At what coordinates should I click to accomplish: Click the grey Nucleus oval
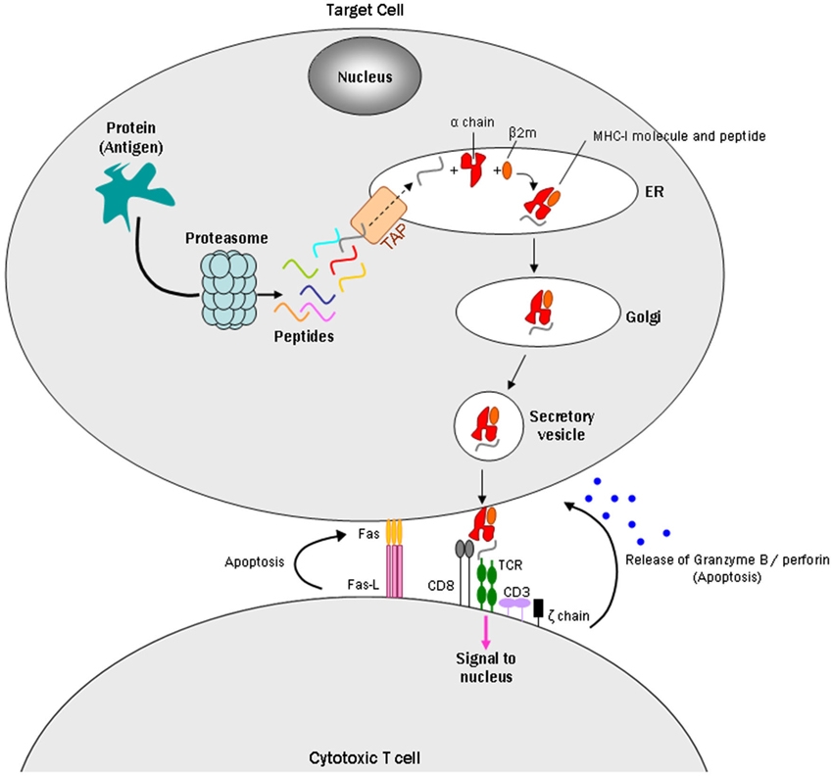pos(365,75)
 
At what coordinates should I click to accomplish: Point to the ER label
pos(655,191)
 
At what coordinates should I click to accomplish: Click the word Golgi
pos(643,317)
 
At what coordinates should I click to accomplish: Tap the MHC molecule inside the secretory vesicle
pos(486,427)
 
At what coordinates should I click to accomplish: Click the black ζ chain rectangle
pos(539,607)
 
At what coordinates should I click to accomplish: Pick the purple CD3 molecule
pos(514,605)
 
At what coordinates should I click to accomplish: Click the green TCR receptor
pos(486,584)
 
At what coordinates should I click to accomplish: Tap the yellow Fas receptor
pos(394,532)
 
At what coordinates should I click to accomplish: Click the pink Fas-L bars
pos(394,571)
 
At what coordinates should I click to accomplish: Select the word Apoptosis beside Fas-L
pos(254,562)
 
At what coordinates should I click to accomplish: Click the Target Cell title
pos(365,10)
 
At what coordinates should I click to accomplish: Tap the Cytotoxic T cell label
pos(365,757)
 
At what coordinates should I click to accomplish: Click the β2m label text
pos(522,133)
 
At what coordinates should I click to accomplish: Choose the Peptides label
pos(304,336)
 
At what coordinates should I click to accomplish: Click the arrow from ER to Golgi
pos(534,256)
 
